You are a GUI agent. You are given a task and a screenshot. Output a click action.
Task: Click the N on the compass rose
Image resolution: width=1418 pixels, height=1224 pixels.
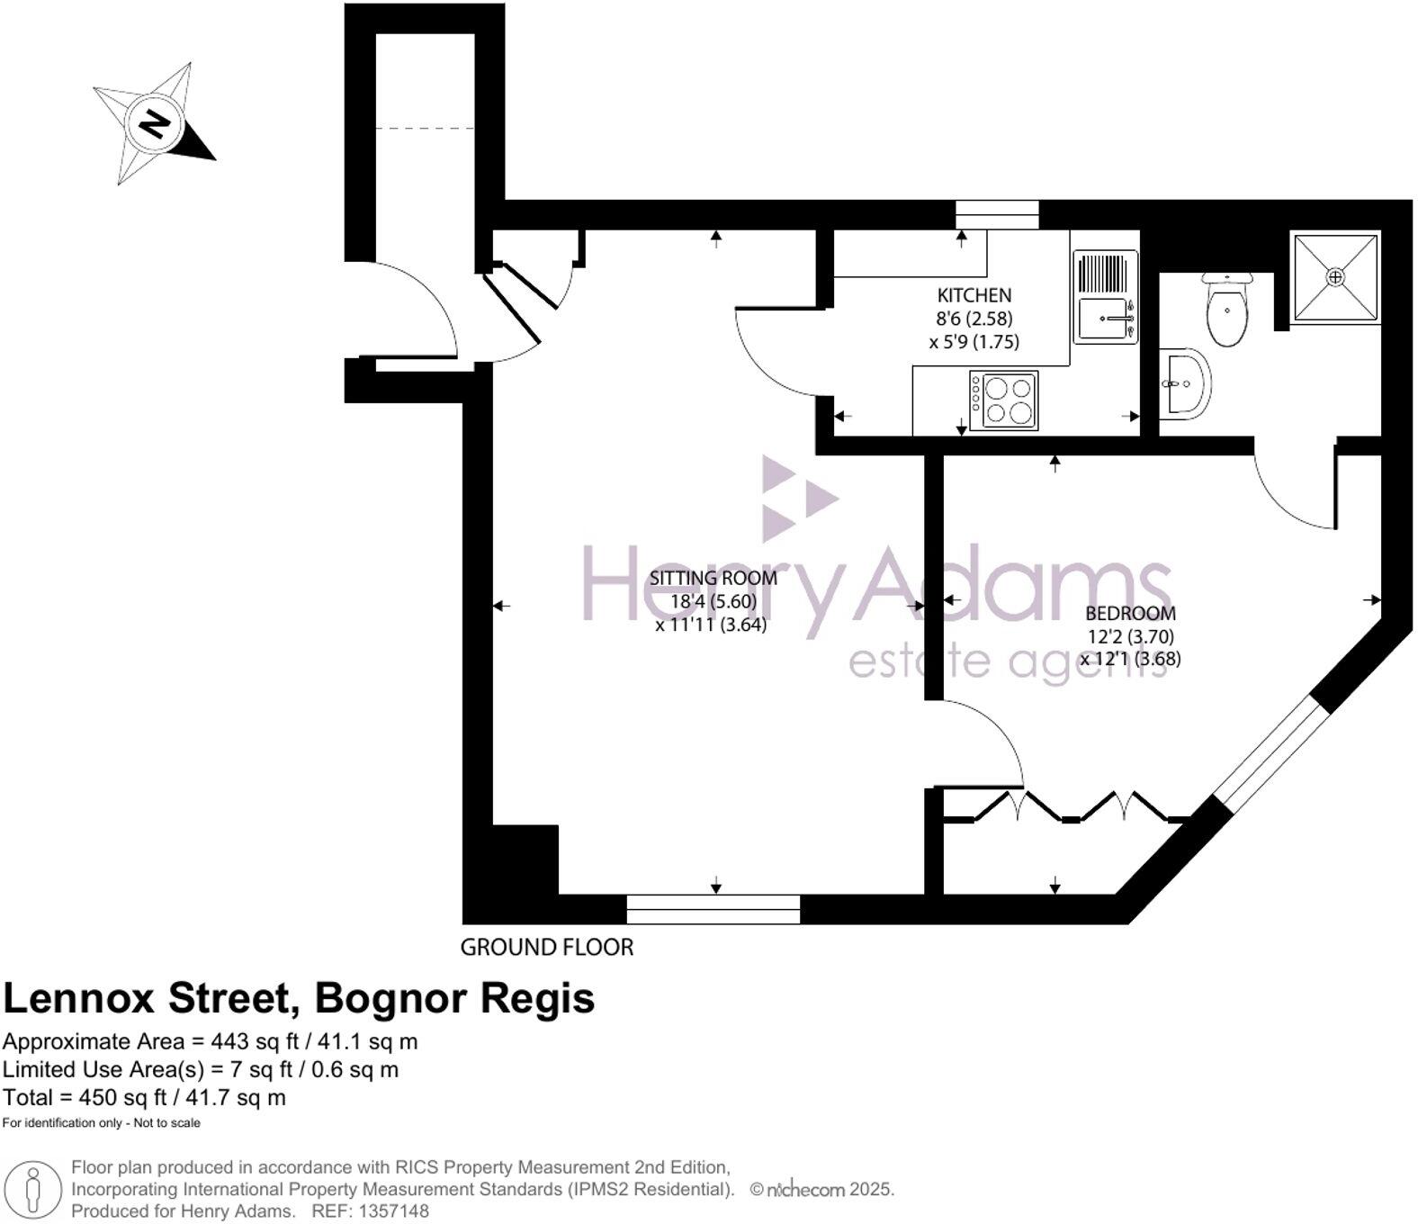point(155,124)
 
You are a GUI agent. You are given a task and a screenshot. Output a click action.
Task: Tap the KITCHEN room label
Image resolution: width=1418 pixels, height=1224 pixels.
point(974,296)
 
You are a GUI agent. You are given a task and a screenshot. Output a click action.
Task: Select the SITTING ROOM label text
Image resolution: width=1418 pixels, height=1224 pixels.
point(713,579)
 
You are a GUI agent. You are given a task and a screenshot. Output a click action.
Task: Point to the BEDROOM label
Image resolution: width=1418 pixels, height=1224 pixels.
point(1131,614)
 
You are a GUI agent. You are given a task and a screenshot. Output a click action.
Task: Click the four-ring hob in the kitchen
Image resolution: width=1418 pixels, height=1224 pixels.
point(1003,400)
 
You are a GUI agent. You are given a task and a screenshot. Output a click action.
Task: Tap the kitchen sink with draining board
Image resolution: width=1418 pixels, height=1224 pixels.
point(1105,296)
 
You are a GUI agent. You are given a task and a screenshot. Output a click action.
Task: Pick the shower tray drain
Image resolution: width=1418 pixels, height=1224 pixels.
point(1335,277)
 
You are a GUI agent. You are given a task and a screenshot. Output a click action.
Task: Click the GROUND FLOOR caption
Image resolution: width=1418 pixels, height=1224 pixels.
point(547,948)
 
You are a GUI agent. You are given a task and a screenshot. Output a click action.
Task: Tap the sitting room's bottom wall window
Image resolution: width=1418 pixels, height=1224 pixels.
point(713,909)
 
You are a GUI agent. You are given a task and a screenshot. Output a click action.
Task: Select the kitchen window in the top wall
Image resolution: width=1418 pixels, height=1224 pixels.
point(998,214)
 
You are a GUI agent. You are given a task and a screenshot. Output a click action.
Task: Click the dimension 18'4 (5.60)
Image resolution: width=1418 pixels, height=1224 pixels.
point(713,602)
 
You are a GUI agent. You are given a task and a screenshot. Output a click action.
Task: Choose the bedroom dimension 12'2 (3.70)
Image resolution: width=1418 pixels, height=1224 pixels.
point(1131,636)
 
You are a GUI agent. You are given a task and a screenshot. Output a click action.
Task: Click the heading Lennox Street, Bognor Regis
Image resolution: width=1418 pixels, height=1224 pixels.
point(299,999)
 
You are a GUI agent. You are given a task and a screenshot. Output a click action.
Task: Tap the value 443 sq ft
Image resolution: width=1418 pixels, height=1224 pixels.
point(256,1042)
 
